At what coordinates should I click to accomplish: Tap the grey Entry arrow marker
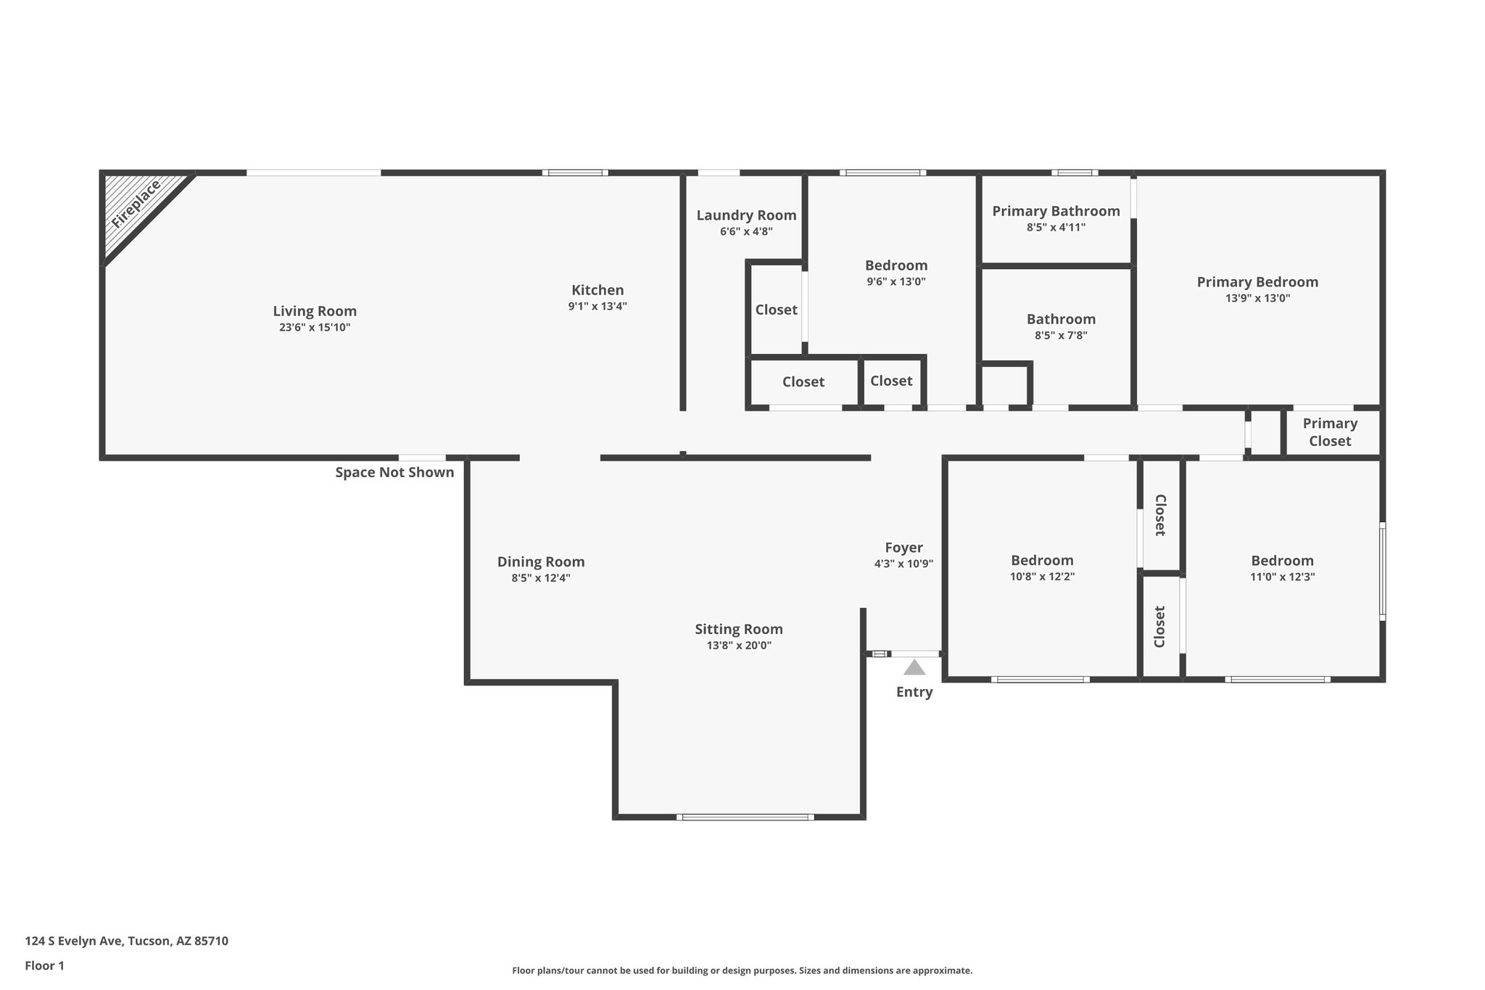tap(914, 668)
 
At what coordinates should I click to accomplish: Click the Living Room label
tap(315, 311)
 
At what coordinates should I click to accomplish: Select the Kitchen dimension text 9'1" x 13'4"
tap(597, 306)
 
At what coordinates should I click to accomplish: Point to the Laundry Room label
tap(746, 215)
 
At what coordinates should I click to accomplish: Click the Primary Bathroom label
tap(1056, 211)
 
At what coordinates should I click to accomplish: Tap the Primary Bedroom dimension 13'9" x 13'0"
tap(1257, 298)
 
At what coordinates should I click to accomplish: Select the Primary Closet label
tap(1330, 432)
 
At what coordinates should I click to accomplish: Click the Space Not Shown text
tap(394, 473)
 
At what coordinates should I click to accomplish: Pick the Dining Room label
tap(541, 562)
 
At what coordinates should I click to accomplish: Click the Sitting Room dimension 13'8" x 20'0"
tap(739, 645)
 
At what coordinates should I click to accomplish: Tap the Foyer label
tap(903, 548)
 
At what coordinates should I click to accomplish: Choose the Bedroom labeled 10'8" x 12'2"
tap(1042, 561)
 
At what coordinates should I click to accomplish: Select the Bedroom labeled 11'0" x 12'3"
tap(1282, 561)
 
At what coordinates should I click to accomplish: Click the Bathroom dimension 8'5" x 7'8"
tap(1061, 335)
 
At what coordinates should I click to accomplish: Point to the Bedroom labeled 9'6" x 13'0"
tap(896, 265)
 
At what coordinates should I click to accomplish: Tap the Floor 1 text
tap(45, 966)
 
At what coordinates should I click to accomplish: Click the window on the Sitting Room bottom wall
tap(745, 817)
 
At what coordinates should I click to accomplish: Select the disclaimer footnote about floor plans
tap(742, 970)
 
